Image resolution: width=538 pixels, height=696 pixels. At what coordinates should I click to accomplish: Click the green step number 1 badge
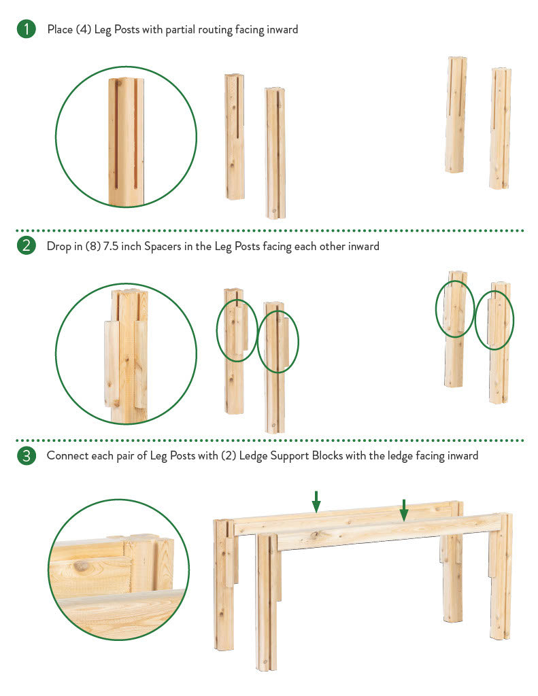pos(27,29)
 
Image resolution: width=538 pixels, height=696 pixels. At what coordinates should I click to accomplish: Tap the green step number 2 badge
pos(27,245)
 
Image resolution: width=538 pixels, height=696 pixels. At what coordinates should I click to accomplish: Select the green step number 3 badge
pos(27,455)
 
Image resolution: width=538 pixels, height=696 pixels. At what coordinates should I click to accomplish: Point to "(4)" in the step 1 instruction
pos(83,30)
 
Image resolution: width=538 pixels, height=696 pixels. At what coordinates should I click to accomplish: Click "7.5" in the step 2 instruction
pos(111,246)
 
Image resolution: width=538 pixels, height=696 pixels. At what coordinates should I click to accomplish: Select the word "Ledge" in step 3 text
pos(253,456)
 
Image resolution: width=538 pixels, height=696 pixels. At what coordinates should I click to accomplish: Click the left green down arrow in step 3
pos(316,502)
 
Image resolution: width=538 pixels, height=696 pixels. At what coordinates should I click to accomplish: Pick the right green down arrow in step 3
pos(404,510)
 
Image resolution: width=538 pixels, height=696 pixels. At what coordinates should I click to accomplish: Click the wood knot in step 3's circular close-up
pos(81,566)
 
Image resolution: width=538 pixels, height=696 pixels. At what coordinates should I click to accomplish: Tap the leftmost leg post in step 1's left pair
pos(235,136)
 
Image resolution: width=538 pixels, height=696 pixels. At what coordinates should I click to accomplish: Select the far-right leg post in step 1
pos(500,128)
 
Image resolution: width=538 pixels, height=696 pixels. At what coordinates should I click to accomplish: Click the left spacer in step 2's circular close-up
pos(111,364)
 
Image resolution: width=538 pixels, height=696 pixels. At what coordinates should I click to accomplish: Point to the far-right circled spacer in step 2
pos(492,321)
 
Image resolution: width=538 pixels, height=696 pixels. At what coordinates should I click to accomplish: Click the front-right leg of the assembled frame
pos(501,577)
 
